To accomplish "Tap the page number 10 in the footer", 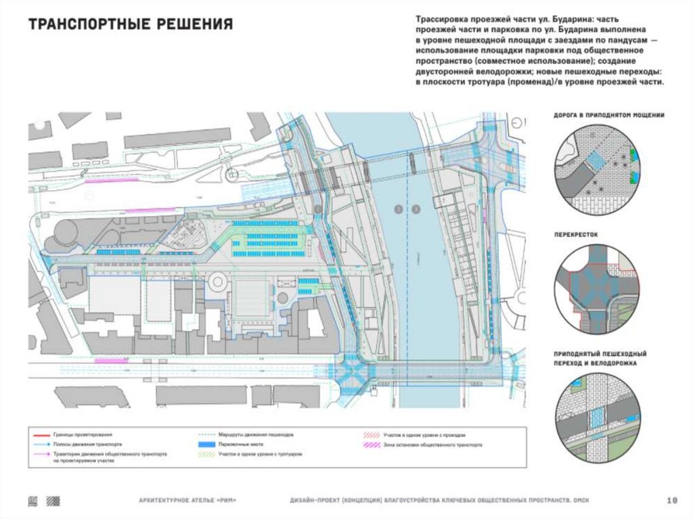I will (672, 501).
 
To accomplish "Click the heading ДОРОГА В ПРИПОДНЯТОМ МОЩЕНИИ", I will (608, 116).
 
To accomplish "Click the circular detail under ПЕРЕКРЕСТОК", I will (596, 287).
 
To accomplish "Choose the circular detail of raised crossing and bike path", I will (596, 420).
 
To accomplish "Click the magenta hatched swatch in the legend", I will (368, 445).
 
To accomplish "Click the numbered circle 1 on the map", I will (318, 209).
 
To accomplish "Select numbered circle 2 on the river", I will (399, 209).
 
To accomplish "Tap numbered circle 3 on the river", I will (416, 209).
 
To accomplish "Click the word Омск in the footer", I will (581, 501).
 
